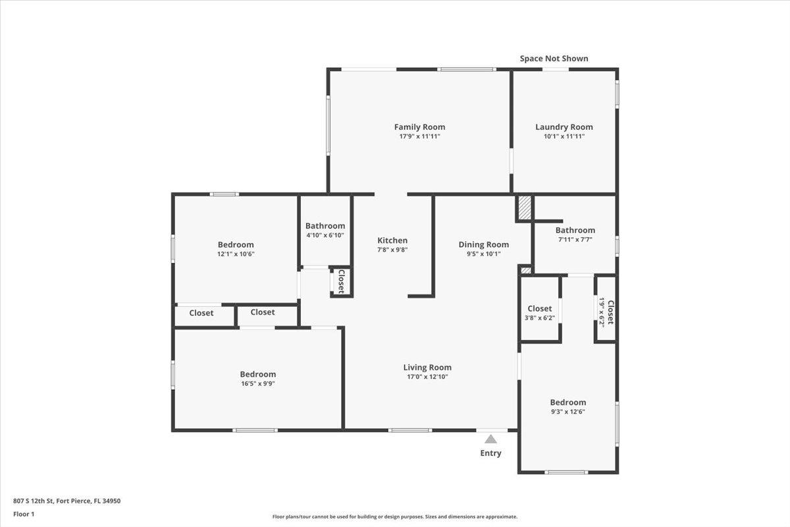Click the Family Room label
[x=419, y=127]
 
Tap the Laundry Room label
[x=564, y=127]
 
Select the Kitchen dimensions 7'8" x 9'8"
[x=392, y=250]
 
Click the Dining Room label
[x=483, y=244]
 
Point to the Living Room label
[x=427, y=368]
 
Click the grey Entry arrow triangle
[x=490, y=439]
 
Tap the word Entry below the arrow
[x=490, y=453]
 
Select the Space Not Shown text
[x=554, y=59]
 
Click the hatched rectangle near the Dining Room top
[x=524, y=208]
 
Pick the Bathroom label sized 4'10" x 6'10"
[x=325, y=226]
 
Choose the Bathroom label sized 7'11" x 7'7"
[x=575, y=231]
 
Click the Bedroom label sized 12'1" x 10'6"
[x=236, y=245]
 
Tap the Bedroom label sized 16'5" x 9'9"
[x=257, y=374]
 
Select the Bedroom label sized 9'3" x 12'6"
[x=567, y=402]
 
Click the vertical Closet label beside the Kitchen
[x=342, y=281]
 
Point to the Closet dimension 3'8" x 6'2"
[x=540, y=318]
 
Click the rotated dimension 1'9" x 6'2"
[x=601, y=312]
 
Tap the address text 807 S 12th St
[x=66, y=501]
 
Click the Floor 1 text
[x=24, y=514]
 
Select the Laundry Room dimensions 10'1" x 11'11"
[x=564, y=136]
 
